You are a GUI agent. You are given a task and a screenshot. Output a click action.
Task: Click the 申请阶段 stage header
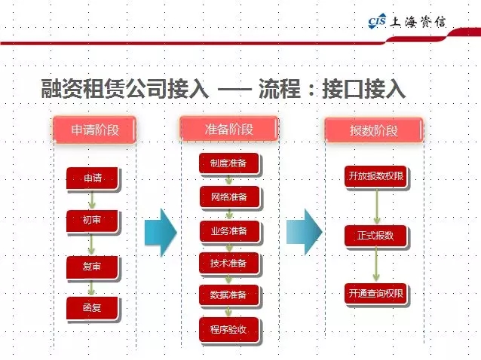click(95, 130)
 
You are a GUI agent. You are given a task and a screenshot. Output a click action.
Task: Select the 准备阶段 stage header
click(229, 129)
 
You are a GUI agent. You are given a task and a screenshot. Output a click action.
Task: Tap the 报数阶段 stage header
click(374, 130)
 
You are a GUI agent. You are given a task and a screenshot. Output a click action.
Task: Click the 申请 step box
click(93, 178)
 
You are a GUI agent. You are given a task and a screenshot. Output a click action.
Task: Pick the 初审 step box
click(93, 220)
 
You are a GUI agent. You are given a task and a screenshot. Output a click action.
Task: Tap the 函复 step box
click(93, 307)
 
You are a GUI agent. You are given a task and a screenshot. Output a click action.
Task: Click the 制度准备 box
click(229, 163)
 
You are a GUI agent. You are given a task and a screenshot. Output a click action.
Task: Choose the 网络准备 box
click(229, 197)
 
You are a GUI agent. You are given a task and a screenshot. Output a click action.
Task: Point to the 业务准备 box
click(229, 230)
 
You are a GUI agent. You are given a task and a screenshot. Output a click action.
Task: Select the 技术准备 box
click(229, 262)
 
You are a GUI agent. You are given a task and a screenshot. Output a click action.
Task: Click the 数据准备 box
click(229, 294)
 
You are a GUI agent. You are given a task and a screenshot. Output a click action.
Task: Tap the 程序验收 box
click(229, 328)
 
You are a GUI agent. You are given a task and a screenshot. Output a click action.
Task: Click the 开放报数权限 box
click(375, 177)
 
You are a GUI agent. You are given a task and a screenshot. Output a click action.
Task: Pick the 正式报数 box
click(375, 236)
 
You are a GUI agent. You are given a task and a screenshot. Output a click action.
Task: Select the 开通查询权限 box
click(375, 294)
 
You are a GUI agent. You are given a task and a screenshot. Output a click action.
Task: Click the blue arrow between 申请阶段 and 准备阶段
click(159, 230)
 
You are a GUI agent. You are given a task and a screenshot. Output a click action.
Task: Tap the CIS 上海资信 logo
click(406, 20)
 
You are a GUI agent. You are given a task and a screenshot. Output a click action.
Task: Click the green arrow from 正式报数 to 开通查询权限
click(375, 264)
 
